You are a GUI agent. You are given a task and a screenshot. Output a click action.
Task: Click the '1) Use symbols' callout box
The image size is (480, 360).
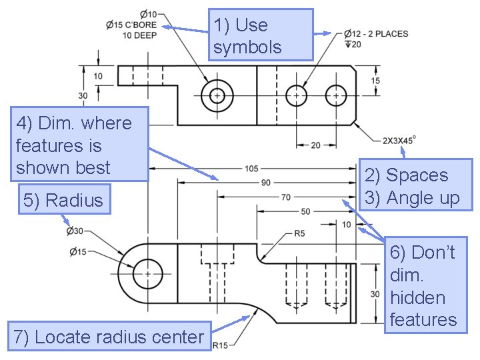point(261,35)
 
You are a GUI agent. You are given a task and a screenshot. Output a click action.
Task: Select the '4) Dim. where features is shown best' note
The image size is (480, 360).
point(79,144)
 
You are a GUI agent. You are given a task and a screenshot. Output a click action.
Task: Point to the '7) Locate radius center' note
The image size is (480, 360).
point(109,337)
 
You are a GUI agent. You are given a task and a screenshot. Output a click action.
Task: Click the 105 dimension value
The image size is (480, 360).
point(251,169)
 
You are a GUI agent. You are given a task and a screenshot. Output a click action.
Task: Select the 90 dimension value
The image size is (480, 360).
point(265,183)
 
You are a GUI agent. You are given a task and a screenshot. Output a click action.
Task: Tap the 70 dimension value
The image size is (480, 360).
point(285,197)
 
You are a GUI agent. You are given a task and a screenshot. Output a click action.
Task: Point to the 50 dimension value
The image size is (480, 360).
point(305,211)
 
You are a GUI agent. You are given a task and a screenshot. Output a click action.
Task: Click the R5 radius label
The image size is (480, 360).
point(299,234)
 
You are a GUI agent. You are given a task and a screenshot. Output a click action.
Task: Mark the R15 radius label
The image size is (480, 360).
point(221,345)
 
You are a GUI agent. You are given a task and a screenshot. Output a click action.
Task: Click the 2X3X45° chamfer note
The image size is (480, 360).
point(399,141)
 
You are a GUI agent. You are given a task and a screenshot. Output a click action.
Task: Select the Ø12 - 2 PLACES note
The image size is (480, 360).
point(376,33)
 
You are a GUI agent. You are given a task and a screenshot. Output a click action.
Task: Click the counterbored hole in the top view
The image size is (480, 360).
point(217,96)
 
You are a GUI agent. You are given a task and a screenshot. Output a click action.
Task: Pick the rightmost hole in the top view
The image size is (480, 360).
point(335,96)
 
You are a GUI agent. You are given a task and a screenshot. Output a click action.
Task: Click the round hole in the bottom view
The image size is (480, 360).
point(147,273)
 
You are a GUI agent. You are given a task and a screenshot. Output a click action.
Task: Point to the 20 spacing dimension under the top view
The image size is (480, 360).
point(314,145)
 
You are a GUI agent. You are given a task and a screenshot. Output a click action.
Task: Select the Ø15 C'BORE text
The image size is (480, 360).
point(131,25)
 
